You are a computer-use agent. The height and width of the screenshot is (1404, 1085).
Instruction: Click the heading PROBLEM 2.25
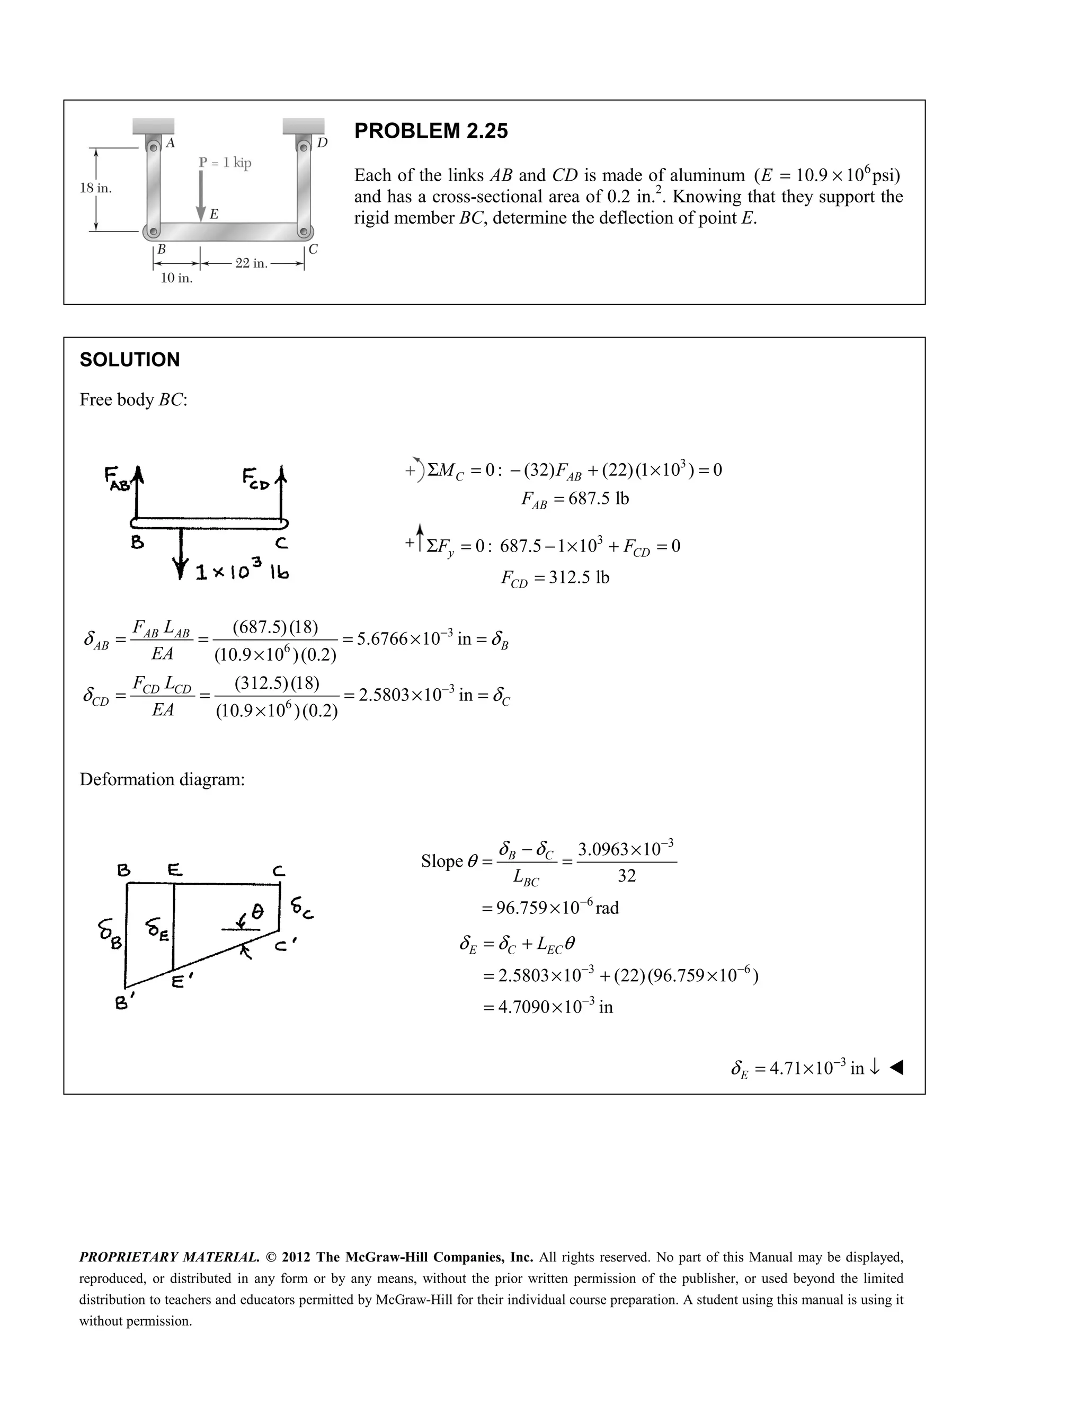point(431,131)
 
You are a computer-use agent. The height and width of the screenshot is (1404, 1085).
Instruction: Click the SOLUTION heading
point(129,360)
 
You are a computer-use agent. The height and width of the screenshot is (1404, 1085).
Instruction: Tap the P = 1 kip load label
point(225,163)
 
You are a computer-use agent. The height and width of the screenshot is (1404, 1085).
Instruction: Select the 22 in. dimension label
point(251,263)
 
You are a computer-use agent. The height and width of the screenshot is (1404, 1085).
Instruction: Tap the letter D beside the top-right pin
point(322,143)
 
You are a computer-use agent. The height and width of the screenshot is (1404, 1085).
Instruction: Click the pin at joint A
point(154,147)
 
